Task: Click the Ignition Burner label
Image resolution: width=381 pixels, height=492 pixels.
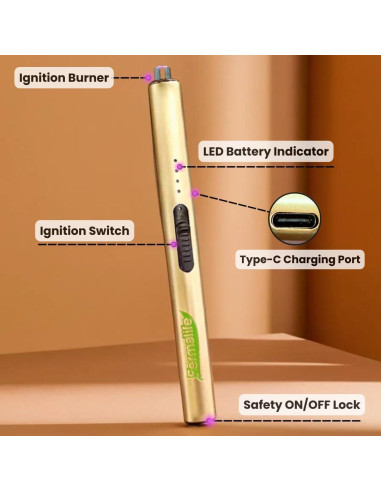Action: click(63, 76)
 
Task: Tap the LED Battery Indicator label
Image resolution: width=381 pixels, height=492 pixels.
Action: click(264, 151)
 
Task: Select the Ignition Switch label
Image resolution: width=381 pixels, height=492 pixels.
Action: click(84, 231)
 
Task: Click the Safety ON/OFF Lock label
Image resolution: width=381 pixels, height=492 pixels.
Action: click(302, 405)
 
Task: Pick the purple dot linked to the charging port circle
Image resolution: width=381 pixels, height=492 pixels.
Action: click(196, 192)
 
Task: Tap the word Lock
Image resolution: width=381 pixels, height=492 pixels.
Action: click(347, 405)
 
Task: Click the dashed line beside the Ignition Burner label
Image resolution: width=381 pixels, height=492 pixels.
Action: click(127, 76)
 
